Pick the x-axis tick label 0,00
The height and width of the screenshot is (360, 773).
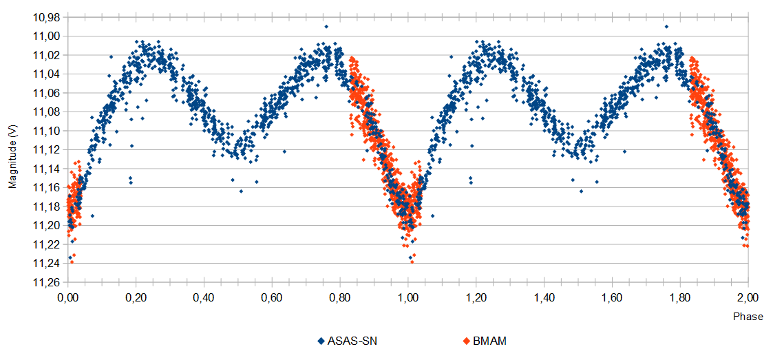[x=68, y=297]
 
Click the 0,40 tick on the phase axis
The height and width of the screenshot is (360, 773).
[x=204, y=297]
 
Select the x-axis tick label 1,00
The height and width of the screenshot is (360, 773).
[x=408, y=297]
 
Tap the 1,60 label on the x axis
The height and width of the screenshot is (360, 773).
[x=612, y=297]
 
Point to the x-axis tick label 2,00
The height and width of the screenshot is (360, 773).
[x=748, y=297]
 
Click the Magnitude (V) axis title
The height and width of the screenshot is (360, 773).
[x=12, y=157]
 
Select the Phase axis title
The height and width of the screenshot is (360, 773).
[x=748, y=317]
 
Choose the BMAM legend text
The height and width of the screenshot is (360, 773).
[x=489, y=341]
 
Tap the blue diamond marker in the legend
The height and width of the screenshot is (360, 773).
[x=321, y=341]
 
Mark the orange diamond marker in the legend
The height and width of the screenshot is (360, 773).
[x=466, y=341]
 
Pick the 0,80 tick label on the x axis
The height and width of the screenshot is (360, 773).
[x=340, y=297]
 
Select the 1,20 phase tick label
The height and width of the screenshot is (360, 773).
[x=476, y=297]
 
